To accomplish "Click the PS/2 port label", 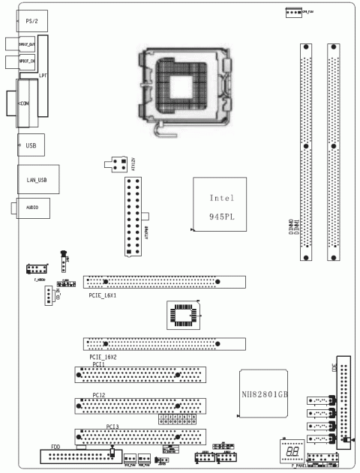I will pyautogui.click(x=31, y=22).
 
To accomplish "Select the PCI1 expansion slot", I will pyautogui.click(x=140, y=375).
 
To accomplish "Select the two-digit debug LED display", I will pyautogui.click(x=290, y=445).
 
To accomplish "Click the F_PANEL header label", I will pyautogui.click(x=292, y=465).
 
